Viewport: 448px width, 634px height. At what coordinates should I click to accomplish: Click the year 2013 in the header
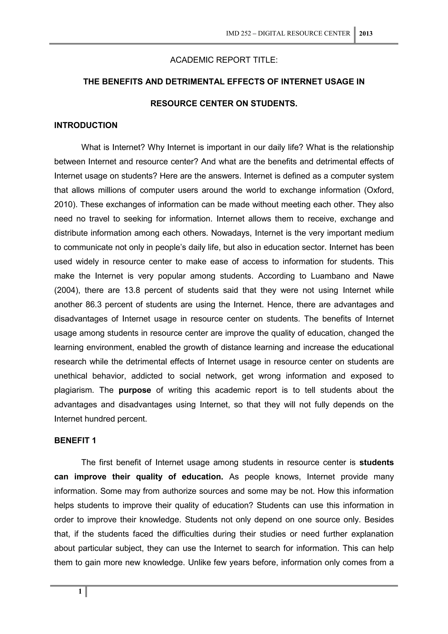pyautogui.click(x=366, y=34)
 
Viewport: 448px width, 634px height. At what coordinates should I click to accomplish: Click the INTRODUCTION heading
pyautogui.click(x=86, y=125)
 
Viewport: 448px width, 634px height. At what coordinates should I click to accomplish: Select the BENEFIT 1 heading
pyautogui.click(x=75, y=440)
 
